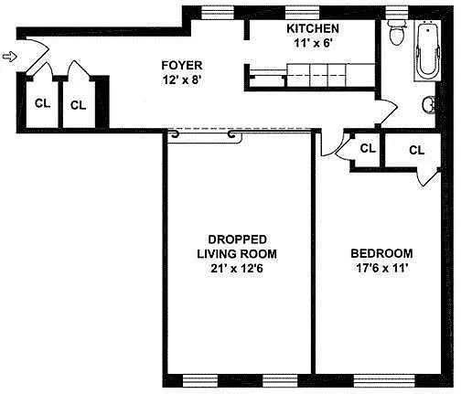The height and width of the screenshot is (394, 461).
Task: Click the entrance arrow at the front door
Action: (9, 57)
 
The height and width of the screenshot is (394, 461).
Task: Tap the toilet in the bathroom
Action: (397, 33)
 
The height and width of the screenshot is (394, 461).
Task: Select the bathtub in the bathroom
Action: (428, 50)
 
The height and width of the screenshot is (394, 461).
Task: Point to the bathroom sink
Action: (429, 105)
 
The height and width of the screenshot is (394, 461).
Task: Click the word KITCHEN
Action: (313, 28)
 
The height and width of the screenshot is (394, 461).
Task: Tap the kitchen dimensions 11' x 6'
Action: (313, 43)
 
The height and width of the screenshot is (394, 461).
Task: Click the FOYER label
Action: (182, 66)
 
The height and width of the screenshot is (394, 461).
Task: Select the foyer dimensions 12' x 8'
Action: (182, 80)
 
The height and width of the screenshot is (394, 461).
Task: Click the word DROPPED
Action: (237, 240)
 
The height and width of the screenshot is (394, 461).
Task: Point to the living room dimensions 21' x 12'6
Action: (237, 269)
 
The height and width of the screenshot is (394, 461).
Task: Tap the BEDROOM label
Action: (381, 253)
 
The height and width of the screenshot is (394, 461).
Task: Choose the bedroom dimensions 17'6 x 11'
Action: (382, 268)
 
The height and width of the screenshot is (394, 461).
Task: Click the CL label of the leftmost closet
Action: (42, 103)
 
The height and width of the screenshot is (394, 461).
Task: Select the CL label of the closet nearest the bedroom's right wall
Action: (417, 150)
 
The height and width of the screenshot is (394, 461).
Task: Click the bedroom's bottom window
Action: (384, 380)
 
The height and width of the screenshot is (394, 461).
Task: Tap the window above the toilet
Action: (397, 12)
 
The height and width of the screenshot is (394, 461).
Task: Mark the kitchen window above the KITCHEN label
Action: (302, 13)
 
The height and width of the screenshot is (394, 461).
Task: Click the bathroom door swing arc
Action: (389, 112)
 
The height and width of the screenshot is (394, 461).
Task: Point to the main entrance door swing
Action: (37, 55)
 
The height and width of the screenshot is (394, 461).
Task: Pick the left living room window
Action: (200, 380)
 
